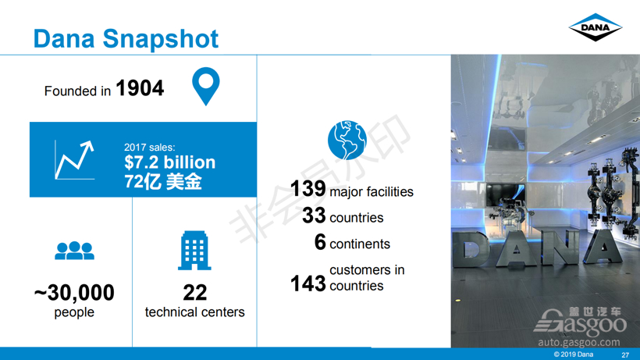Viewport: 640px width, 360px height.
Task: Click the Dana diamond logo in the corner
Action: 595,27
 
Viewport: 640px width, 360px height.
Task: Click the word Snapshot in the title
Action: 161,39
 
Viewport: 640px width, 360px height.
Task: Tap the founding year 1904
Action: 140,88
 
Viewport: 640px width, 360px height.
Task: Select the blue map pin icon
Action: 206,86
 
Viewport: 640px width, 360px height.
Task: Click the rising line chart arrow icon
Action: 74,160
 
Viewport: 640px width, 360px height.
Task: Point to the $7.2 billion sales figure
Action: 170,162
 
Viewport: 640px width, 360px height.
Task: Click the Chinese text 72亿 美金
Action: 163,181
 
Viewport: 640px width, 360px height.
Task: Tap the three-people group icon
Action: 74,251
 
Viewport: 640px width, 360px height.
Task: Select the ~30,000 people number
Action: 74,293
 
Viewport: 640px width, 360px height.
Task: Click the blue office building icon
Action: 194,251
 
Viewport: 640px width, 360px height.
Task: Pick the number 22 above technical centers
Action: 194,292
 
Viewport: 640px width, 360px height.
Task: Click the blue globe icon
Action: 347,140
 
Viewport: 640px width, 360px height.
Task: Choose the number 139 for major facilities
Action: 308,189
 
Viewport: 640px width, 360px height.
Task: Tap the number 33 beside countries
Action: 314,216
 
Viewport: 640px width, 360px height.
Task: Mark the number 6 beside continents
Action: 320,241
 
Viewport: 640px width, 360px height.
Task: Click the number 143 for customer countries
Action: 308,283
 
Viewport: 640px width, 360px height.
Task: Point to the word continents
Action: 360,244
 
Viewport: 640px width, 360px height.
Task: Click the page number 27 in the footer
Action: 625,355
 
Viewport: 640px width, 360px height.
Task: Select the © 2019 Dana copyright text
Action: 574,355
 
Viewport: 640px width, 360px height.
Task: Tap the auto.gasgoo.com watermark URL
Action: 579,342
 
